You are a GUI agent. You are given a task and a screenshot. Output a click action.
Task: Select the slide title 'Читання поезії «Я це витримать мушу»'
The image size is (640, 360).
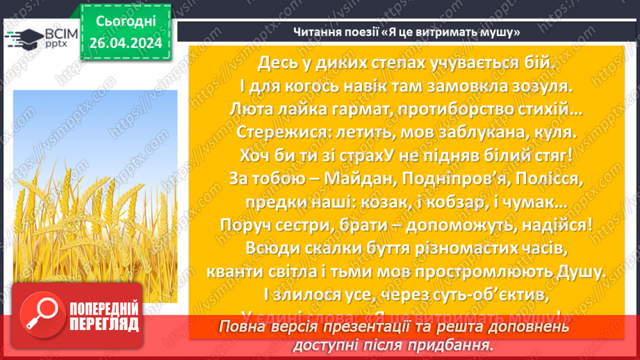coord(407,32)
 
